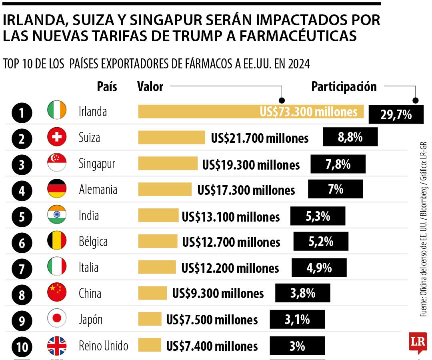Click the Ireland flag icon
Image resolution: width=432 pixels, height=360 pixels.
57,111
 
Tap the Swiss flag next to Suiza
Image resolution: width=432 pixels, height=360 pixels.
57,137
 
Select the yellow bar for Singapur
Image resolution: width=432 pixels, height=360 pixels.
168,163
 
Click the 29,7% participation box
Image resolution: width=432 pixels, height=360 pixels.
396,115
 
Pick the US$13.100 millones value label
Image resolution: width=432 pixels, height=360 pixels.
231,217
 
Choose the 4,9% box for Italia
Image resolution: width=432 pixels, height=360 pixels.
319,268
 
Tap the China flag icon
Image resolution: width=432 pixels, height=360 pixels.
57,293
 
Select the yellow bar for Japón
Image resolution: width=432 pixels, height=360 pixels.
150,319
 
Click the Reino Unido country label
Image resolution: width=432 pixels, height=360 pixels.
104,345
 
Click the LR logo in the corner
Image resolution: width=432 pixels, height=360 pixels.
418,342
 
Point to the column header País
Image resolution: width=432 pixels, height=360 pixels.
107,86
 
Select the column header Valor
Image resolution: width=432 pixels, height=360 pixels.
150,86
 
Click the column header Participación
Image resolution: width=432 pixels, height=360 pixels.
344,86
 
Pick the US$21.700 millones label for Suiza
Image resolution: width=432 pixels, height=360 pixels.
260,138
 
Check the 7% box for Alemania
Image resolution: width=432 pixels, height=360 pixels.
336,189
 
